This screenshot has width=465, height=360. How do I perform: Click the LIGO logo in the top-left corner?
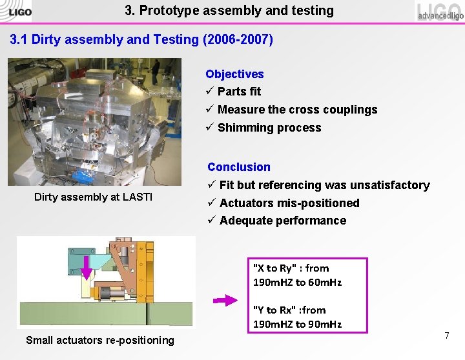(x=16, y=10)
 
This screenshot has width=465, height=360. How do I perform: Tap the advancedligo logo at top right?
(x=439, y=11)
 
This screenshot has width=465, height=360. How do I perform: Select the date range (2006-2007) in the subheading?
(x=238, y=39)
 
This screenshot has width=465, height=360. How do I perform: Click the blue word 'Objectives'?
(x=234, y=74)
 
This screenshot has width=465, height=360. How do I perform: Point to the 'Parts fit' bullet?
(x=239, y=92)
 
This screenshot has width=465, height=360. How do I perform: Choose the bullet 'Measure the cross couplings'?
(x=297, y=110)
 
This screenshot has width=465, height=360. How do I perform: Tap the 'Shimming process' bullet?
(x=269, y=128)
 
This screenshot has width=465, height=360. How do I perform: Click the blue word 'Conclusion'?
(x=239, y=167)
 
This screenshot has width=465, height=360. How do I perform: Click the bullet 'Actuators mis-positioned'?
(x=289, y=203)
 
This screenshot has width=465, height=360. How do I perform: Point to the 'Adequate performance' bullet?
(x=283, y=221)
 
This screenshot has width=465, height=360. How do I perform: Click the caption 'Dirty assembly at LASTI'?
(x=93, y=197)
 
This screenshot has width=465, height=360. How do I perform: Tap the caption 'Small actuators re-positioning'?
(x=100, y=340)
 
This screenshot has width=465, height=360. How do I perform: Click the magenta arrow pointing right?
(x=225, y=300)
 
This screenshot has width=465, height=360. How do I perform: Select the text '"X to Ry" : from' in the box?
(x=291, y=268)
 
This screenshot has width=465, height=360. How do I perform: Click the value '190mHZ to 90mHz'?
(x=297, y=324)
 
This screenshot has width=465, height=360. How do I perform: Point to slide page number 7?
(x=446, y=336)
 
